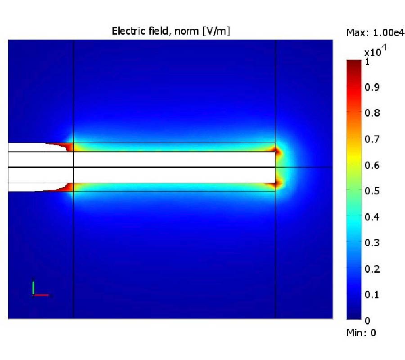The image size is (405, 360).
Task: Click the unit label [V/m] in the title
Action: (x=216, y=31)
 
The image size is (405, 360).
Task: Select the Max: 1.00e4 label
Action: (x=375, y=32)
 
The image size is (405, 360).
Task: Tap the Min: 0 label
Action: (x=361, y=333)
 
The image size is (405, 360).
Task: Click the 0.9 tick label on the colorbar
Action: (x=372, y=87)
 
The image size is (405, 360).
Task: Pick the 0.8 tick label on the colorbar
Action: (x=372, y=113)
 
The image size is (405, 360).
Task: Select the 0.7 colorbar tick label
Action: (x=372, y=139)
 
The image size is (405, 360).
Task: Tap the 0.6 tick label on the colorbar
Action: (x=372, y=165)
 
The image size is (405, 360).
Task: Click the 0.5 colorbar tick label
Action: (x=372, y=191)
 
